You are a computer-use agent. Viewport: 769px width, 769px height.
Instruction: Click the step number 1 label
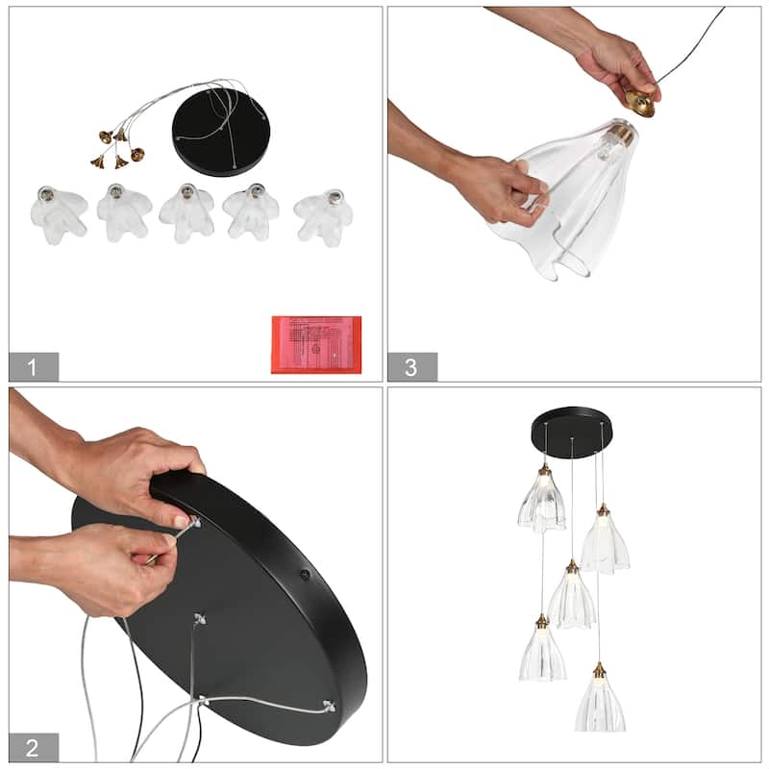click(34, 366)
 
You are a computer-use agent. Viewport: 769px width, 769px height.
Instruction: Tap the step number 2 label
click(34, 747)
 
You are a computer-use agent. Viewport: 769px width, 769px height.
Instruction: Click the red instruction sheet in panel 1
click(316, 343)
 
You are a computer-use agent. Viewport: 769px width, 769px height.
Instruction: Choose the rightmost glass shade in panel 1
click(323, 215)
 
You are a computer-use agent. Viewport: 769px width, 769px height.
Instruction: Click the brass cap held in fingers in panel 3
click(640, 102)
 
